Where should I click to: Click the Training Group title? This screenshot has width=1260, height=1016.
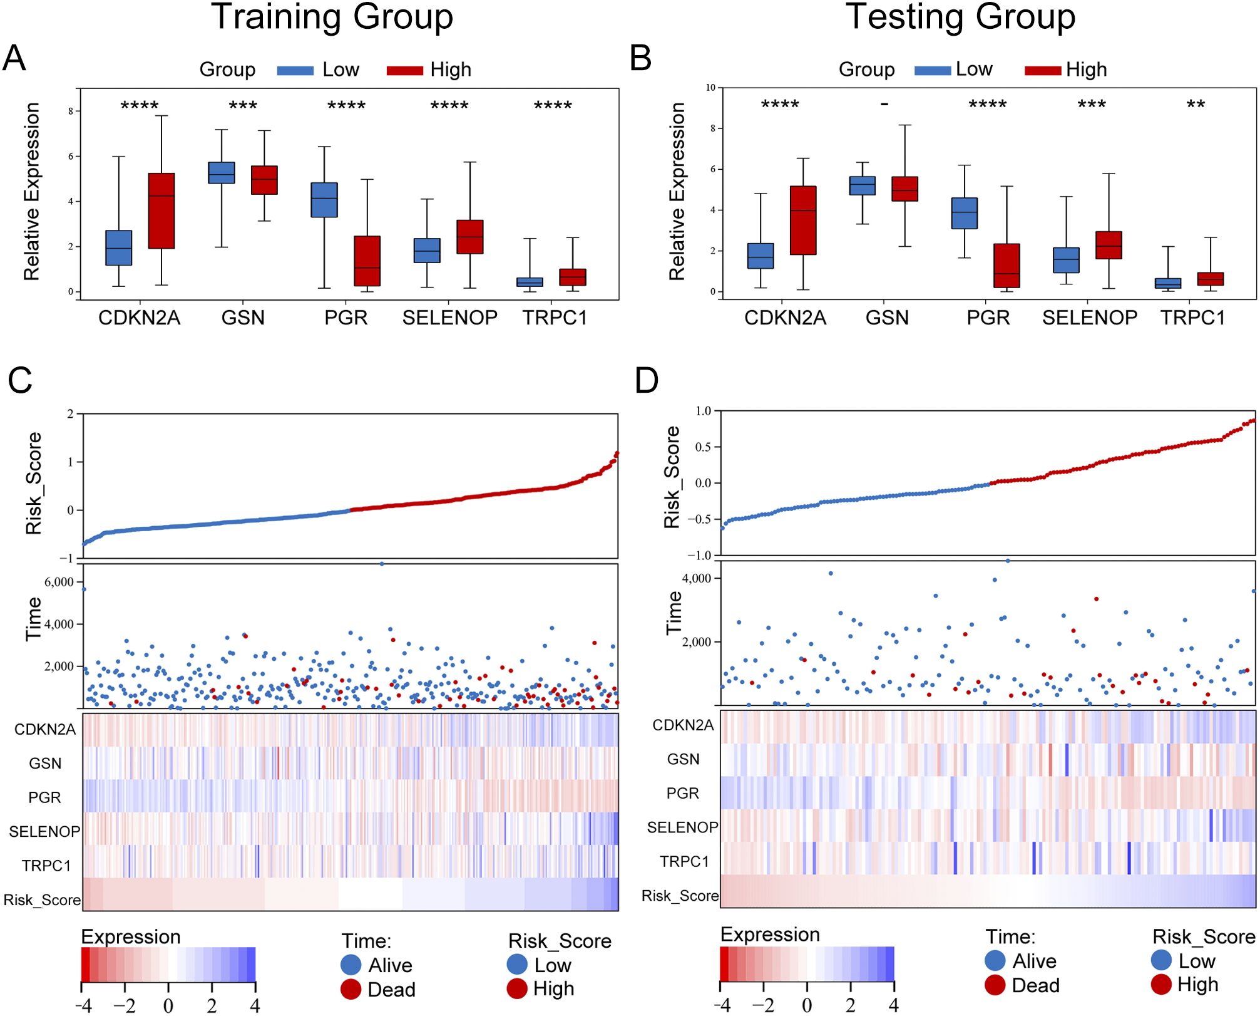332,17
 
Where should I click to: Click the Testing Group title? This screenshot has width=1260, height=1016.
960,17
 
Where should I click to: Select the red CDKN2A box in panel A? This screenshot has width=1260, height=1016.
161,210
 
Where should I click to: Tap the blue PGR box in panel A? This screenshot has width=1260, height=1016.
324,200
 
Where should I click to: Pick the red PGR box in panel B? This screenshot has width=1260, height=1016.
1006,266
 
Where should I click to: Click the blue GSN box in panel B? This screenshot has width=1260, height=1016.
862,185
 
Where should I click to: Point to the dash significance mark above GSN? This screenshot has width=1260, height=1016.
884,104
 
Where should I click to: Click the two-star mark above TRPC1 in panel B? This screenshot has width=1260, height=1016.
1196,105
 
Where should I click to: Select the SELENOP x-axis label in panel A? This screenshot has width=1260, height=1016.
449,318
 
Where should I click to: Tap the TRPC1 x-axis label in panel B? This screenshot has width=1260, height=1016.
1192,318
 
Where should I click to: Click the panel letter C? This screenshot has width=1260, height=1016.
20,381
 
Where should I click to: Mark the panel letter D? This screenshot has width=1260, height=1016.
647,381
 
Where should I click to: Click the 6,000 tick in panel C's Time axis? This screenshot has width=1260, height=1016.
59,582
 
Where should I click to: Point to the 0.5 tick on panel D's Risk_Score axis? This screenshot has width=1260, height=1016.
703,447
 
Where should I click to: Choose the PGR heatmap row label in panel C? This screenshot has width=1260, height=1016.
44,797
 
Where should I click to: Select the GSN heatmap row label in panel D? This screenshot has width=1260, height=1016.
683,759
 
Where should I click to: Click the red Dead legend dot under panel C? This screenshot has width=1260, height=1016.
351,989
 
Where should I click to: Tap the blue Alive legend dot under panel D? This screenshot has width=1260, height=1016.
995,960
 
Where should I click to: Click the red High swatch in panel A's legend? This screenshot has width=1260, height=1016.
405,71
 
